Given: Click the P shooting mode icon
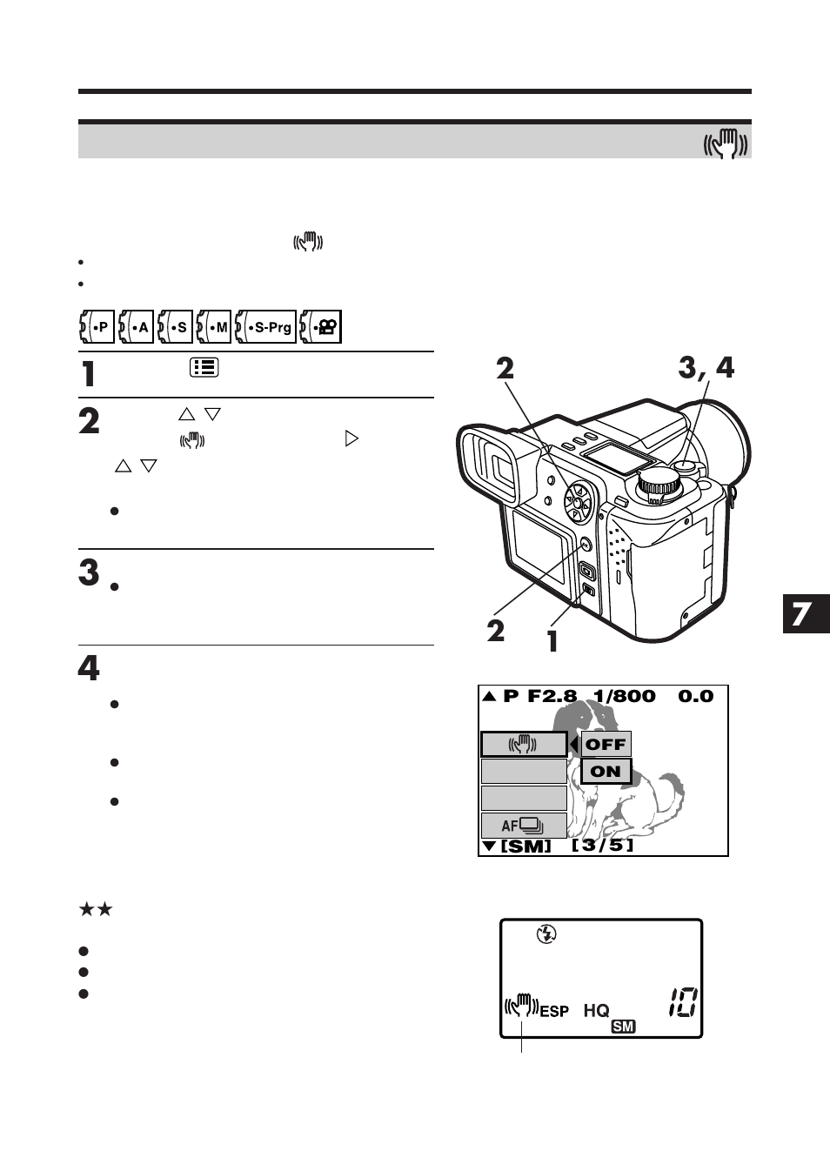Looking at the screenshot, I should (97, 327).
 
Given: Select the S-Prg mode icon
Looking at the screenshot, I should (266, 327).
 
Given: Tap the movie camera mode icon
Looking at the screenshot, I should (321, 327).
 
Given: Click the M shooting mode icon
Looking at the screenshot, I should (214, 327).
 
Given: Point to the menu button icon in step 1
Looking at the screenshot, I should (204, 368).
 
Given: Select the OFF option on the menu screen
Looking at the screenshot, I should (606, 745).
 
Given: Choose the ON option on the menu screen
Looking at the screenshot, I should (606, 772).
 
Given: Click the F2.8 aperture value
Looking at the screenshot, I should (552, 696).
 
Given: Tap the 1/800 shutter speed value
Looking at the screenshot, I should (624, 696).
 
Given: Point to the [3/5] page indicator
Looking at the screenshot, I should (602, 845).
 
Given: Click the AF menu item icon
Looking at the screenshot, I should (523, 826).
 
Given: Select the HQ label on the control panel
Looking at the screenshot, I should (596, 1010).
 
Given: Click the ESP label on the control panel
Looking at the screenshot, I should (554, 1011).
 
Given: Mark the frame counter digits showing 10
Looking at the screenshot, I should (682, 1003).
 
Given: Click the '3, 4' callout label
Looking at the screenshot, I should (706, 368).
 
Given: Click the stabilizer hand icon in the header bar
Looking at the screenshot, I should (726, 142).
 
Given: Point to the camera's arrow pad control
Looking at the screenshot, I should (577, 502).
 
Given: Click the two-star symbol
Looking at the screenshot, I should (96, 910).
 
